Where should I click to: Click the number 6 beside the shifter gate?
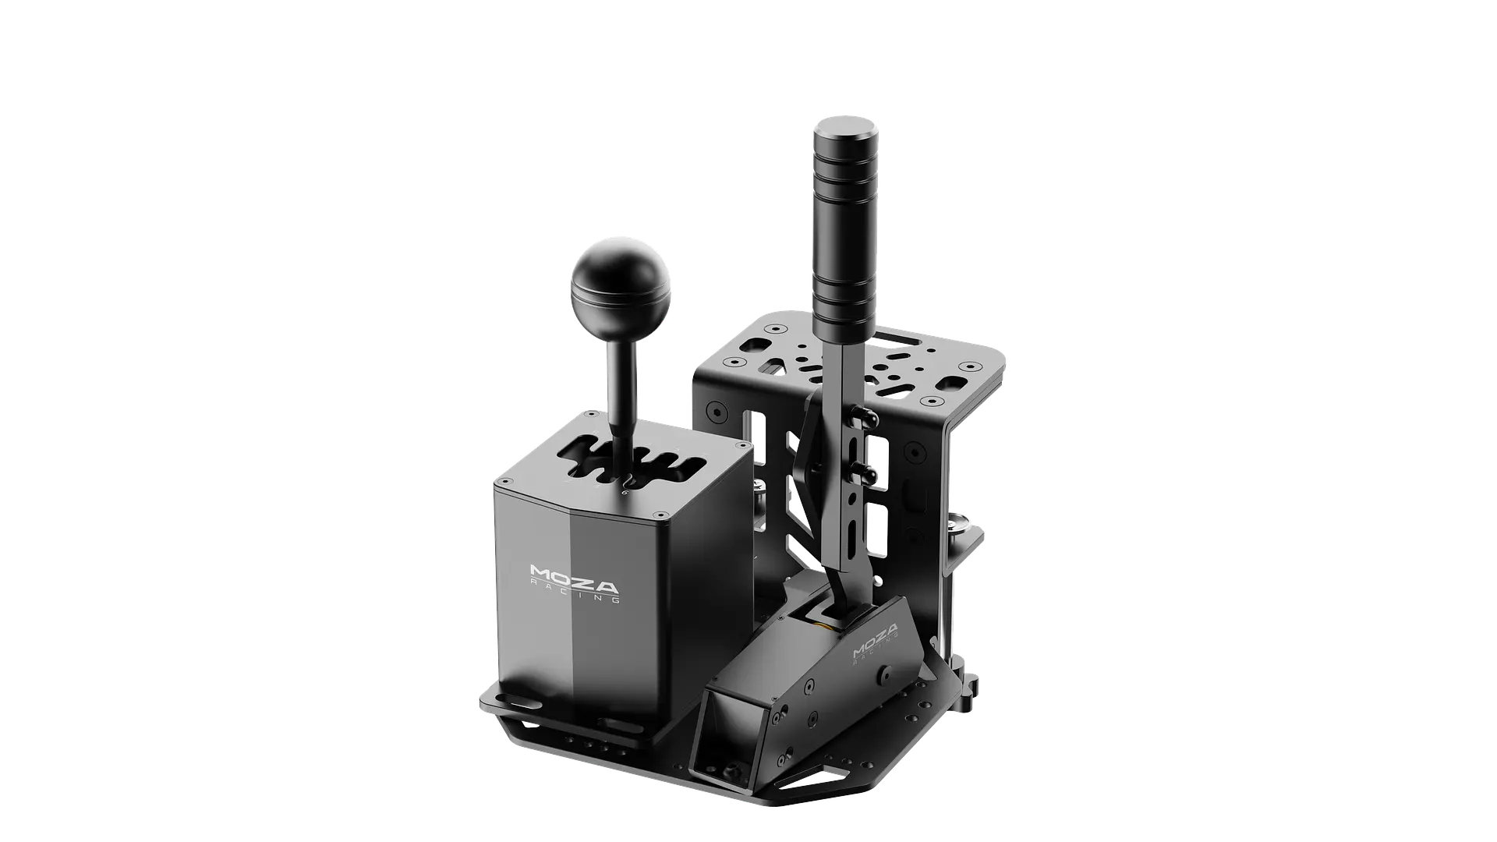pos(624,493)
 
